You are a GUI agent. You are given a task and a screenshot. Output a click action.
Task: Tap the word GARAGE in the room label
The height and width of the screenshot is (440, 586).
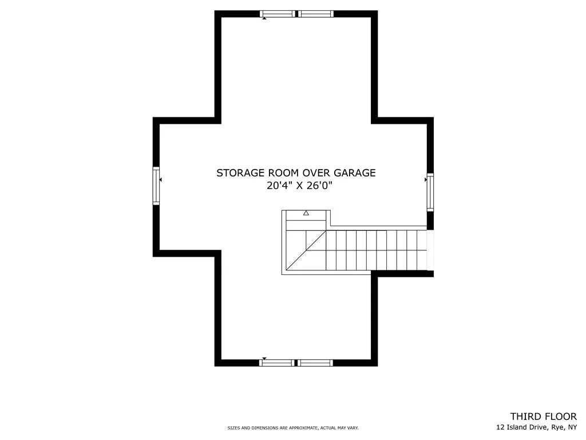click(x=355, y=173)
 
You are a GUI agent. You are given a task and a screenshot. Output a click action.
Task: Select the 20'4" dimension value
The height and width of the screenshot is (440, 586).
click(x=280, y=185)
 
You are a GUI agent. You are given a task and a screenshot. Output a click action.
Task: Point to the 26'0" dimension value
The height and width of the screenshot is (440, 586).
click(x=319, y=185)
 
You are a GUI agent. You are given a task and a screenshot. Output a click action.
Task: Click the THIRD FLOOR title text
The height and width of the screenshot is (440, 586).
click(x=544, y=417)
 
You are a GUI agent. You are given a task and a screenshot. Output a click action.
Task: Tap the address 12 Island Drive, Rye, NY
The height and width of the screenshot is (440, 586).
click(x=536, y=427)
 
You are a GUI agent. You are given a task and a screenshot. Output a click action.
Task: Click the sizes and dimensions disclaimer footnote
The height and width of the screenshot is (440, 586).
click(x=293, y=427)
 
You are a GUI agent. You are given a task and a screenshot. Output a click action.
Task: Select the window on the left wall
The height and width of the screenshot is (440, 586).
click(x=156, y=186)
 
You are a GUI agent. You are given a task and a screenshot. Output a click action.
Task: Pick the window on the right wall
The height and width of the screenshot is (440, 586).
click(x=430, y=192)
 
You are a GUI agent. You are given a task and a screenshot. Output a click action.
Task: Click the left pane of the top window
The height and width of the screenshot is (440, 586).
click(x=278, y=14)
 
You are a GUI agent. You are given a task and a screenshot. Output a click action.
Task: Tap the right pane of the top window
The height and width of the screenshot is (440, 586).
click(x=315, y=14)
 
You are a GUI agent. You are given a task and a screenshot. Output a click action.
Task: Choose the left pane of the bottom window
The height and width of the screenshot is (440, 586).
click(x=276, y=363)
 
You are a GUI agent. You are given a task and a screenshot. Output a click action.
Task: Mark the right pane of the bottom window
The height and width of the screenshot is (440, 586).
click(x=315, y=363)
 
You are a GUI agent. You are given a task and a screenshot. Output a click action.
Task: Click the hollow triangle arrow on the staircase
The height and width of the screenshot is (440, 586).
click(x=306, y=213)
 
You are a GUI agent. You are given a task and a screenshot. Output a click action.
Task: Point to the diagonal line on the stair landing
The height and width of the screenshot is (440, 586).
click(x=306, y=250)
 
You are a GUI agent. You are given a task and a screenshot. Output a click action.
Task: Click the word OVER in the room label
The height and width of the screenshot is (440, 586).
click(x=316, y=173)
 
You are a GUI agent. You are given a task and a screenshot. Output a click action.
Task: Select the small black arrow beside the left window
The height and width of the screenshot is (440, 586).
click(x=161, y=180)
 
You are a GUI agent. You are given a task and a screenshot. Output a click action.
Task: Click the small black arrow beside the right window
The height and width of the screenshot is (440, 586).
click(x=426, y=180)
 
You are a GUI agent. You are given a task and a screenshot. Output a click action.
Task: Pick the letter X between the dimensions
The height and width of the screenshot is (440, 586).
click(x=300, y=186)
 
